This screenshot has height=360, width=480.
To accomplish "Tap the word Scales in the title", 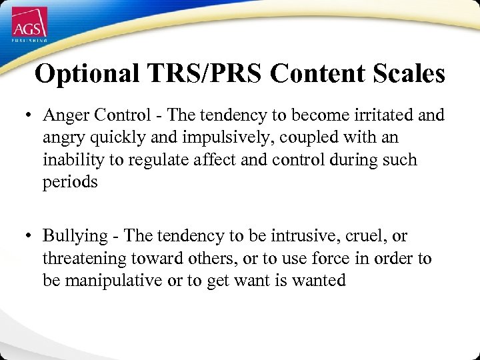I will pyautogui.click(x=407, y=73).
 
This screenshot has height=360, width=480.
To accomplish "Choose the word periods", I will pyautogui.click(x=70, y=183).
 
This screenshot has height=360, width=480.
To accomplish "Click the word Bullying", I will pyautogui.click(x=75, y=236).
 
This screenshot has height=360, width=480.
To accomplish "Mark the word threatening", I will pyautogui.click(x=84, y=258).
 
